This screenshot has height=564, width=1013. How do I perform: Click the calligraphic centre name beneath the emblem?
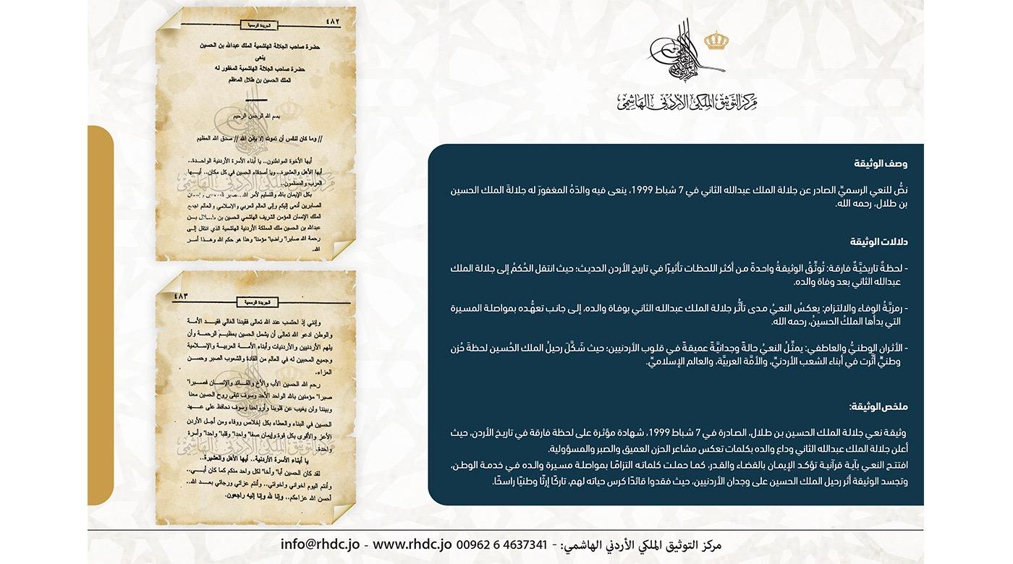point(686,102)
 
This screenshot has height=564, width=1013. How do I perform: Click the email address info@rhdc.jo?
point(319,544)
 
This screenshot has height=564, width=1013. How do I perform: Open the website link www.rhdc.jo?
point(412,544)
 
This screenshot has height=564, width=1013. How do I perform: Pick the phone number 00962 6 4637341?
point(501,544)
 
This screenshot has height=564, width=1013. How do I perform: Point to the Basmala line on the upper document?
point(257,116)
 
